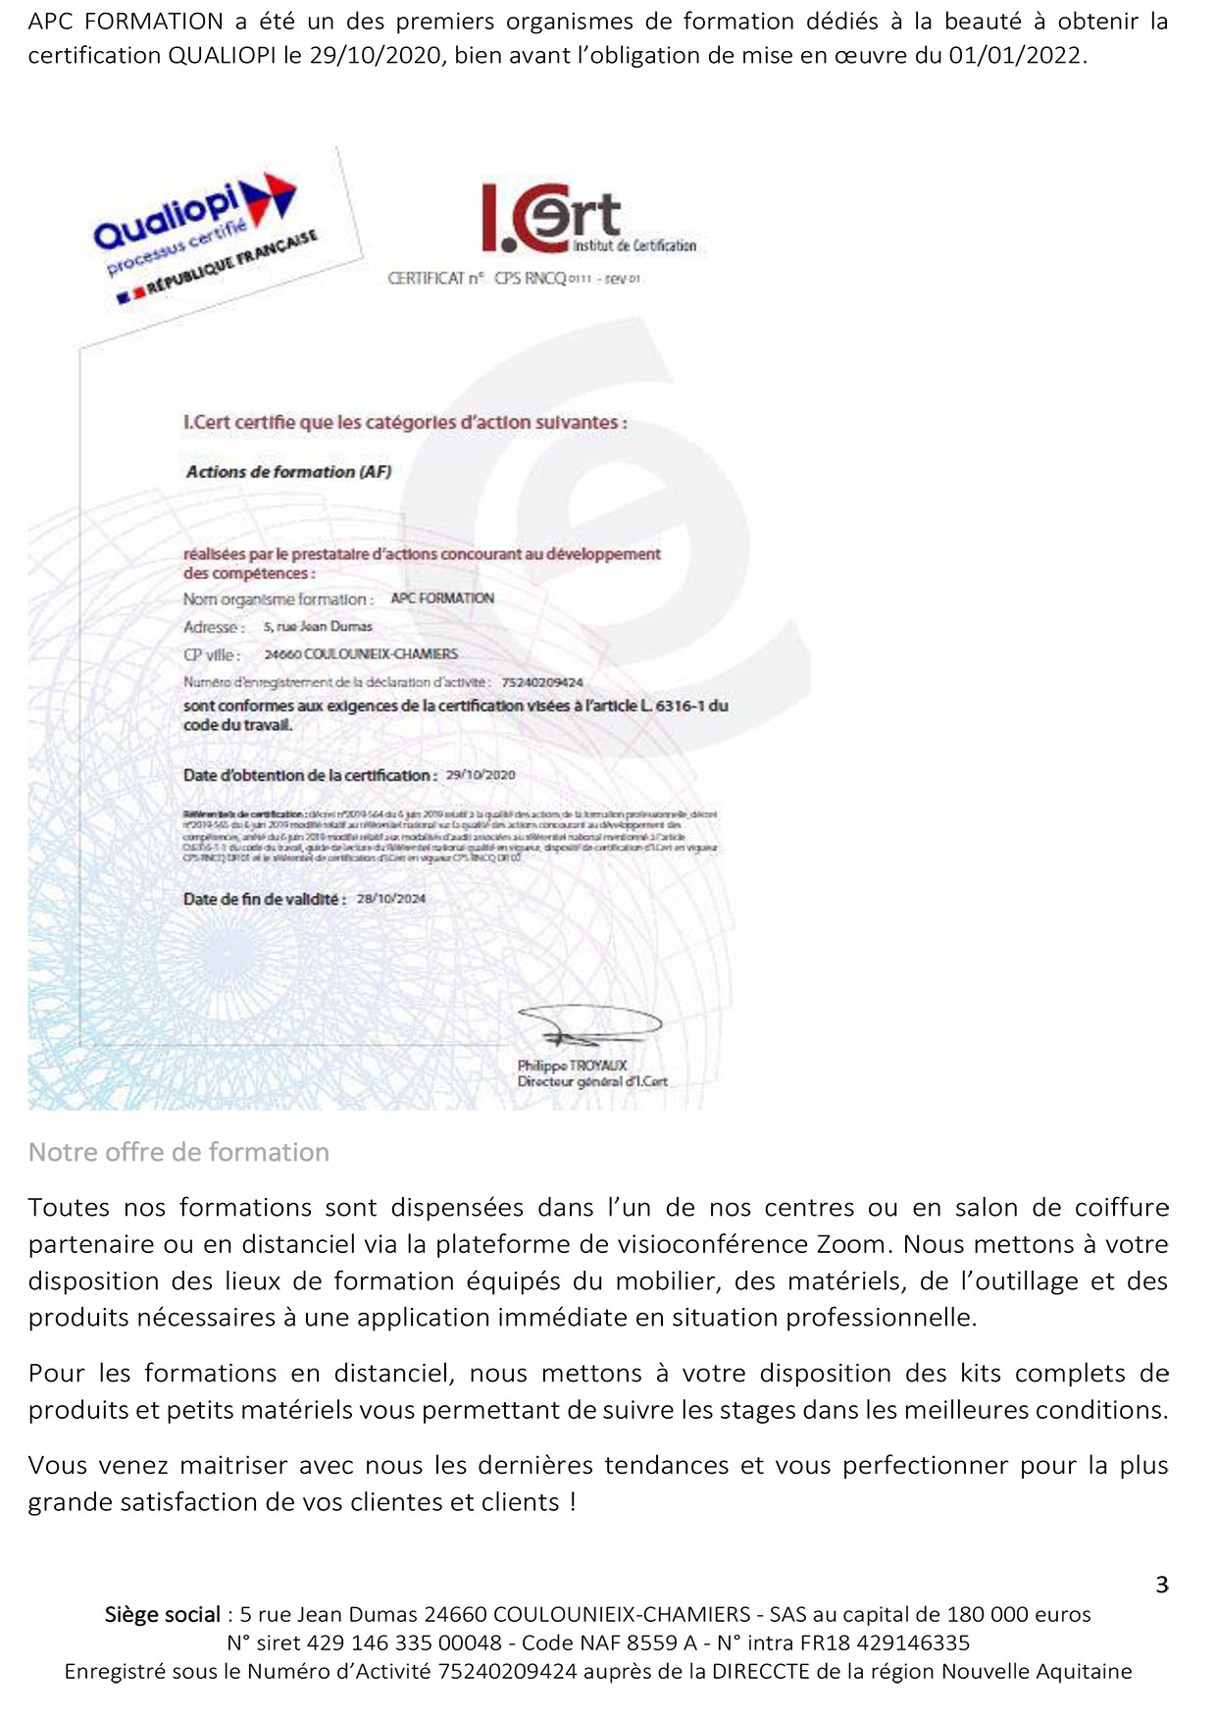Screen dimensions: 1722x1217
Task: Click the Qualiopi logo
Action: pos(196,221)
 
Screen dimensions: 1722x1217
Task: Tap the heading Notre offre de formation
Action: pos(178,1152)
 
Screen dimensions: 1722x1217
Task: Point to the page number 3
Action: pos(1162,1585)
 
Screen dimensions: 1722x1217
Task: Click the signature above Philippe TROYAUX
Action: pos(588,1027)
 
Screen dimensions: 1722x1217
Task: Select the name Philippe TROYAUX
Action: pos(572,1066)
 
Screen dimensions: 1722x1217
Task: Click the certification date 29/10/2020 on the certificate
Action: pos(481,775)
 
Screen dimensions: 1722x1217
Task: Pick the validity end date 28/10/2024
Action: pos(391,899)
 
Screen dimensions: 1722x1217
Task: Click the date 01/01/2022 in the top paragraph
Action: pos(1016,56)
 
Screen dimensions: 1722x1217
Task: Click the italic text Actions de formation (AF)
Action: pos(288,472)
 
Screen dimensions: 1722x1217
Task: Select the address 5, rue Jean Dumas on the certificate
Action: pos(318,626)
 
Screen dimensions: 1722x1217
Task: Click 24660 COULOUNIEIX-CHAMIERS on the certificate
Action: pos(361,654)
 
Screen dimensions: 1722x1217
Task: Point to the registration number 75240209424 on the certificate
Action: pos(541,682)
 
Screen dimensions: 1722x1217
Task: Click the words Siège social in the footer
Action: pos(163,1614)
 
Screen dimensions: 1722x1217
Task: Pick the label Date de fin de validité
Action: pos(264,900)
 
